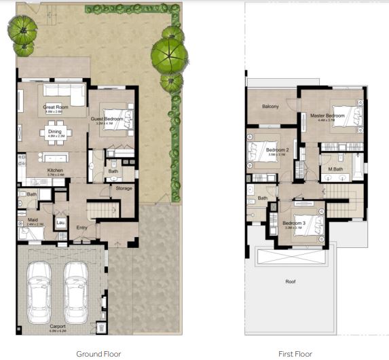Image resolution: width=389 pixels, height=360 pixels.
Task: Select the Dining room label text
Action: [54, 131]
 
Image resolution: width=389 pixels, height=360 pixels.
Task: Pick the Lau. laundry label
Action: [60, 222]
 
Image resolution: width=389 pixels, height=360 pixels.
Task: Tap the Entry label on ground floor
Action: [81, 228]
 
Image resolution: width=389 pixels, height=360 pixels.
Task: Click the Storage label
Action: [124, 188]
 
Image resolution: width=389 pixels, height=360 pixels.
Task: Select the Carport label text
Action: [57, 326]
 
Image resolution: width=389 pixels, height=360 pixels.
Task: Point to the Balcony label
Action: [271, 107]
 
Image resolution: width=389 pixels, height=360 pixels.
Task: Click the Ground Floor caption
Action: [98, 353]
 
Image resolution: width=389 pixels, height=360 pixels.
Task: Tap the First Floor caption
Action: [295, 353]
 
